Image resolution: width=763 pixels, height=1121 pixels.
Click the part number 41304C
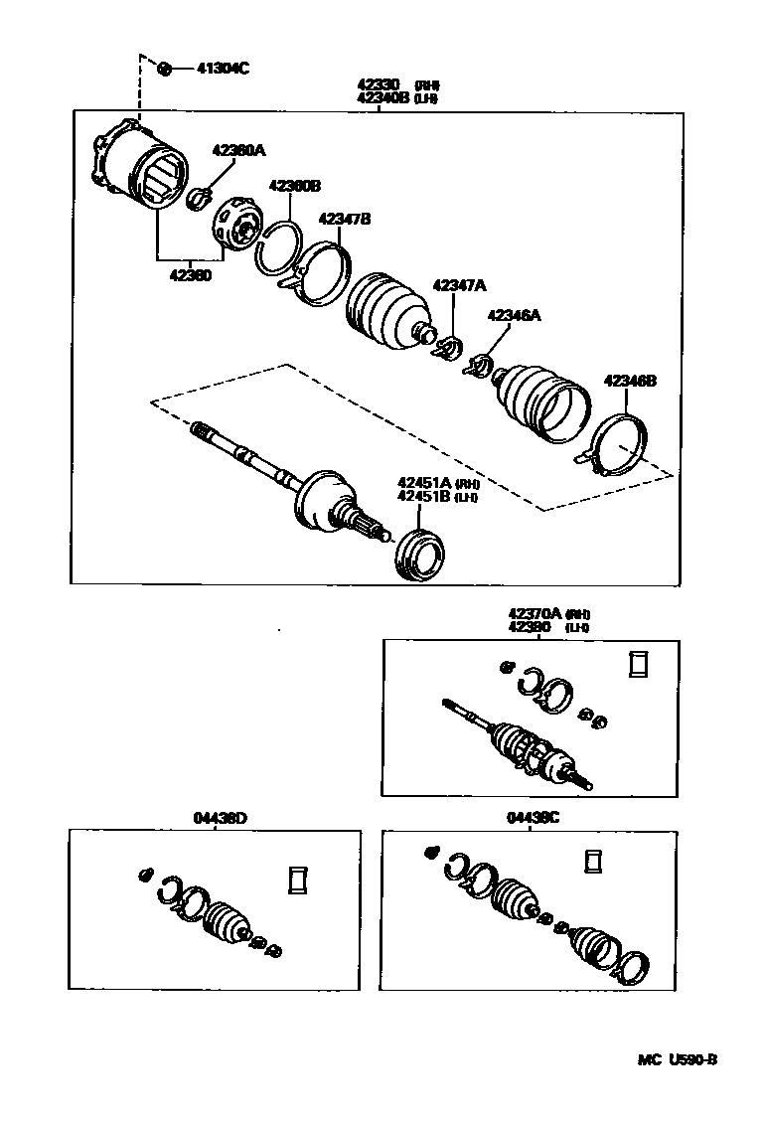[223, 69]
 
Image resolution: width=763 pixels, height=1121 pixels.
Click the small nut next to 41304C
[166, 68]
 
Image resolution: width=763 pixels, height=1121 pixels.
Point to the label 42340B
[383, 98]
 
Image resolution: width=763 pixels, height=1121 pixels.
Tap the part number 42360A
[238, 150]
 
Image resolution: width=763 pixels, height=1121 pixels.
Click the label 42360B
[294, 186]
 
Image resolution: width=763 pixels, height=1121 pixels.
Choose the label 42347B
[344, 219]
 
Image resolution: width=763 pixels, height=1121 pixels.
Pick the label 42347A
[459, 285]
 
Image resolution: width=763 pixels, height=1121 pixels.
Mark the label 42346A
[514, 315]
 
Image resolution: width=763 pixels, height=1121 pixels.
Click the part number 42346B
[630, 381]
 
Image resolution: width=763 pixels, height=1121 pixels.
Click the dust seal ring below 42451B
[420, 556]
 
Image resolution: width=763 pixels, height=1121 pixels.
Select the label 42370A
[534, 614]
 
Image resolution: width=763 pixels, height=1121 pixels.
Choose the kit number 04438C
[533, 818]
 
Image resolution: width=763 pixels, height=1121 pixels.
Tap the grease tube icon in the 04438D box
[297, 881]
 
